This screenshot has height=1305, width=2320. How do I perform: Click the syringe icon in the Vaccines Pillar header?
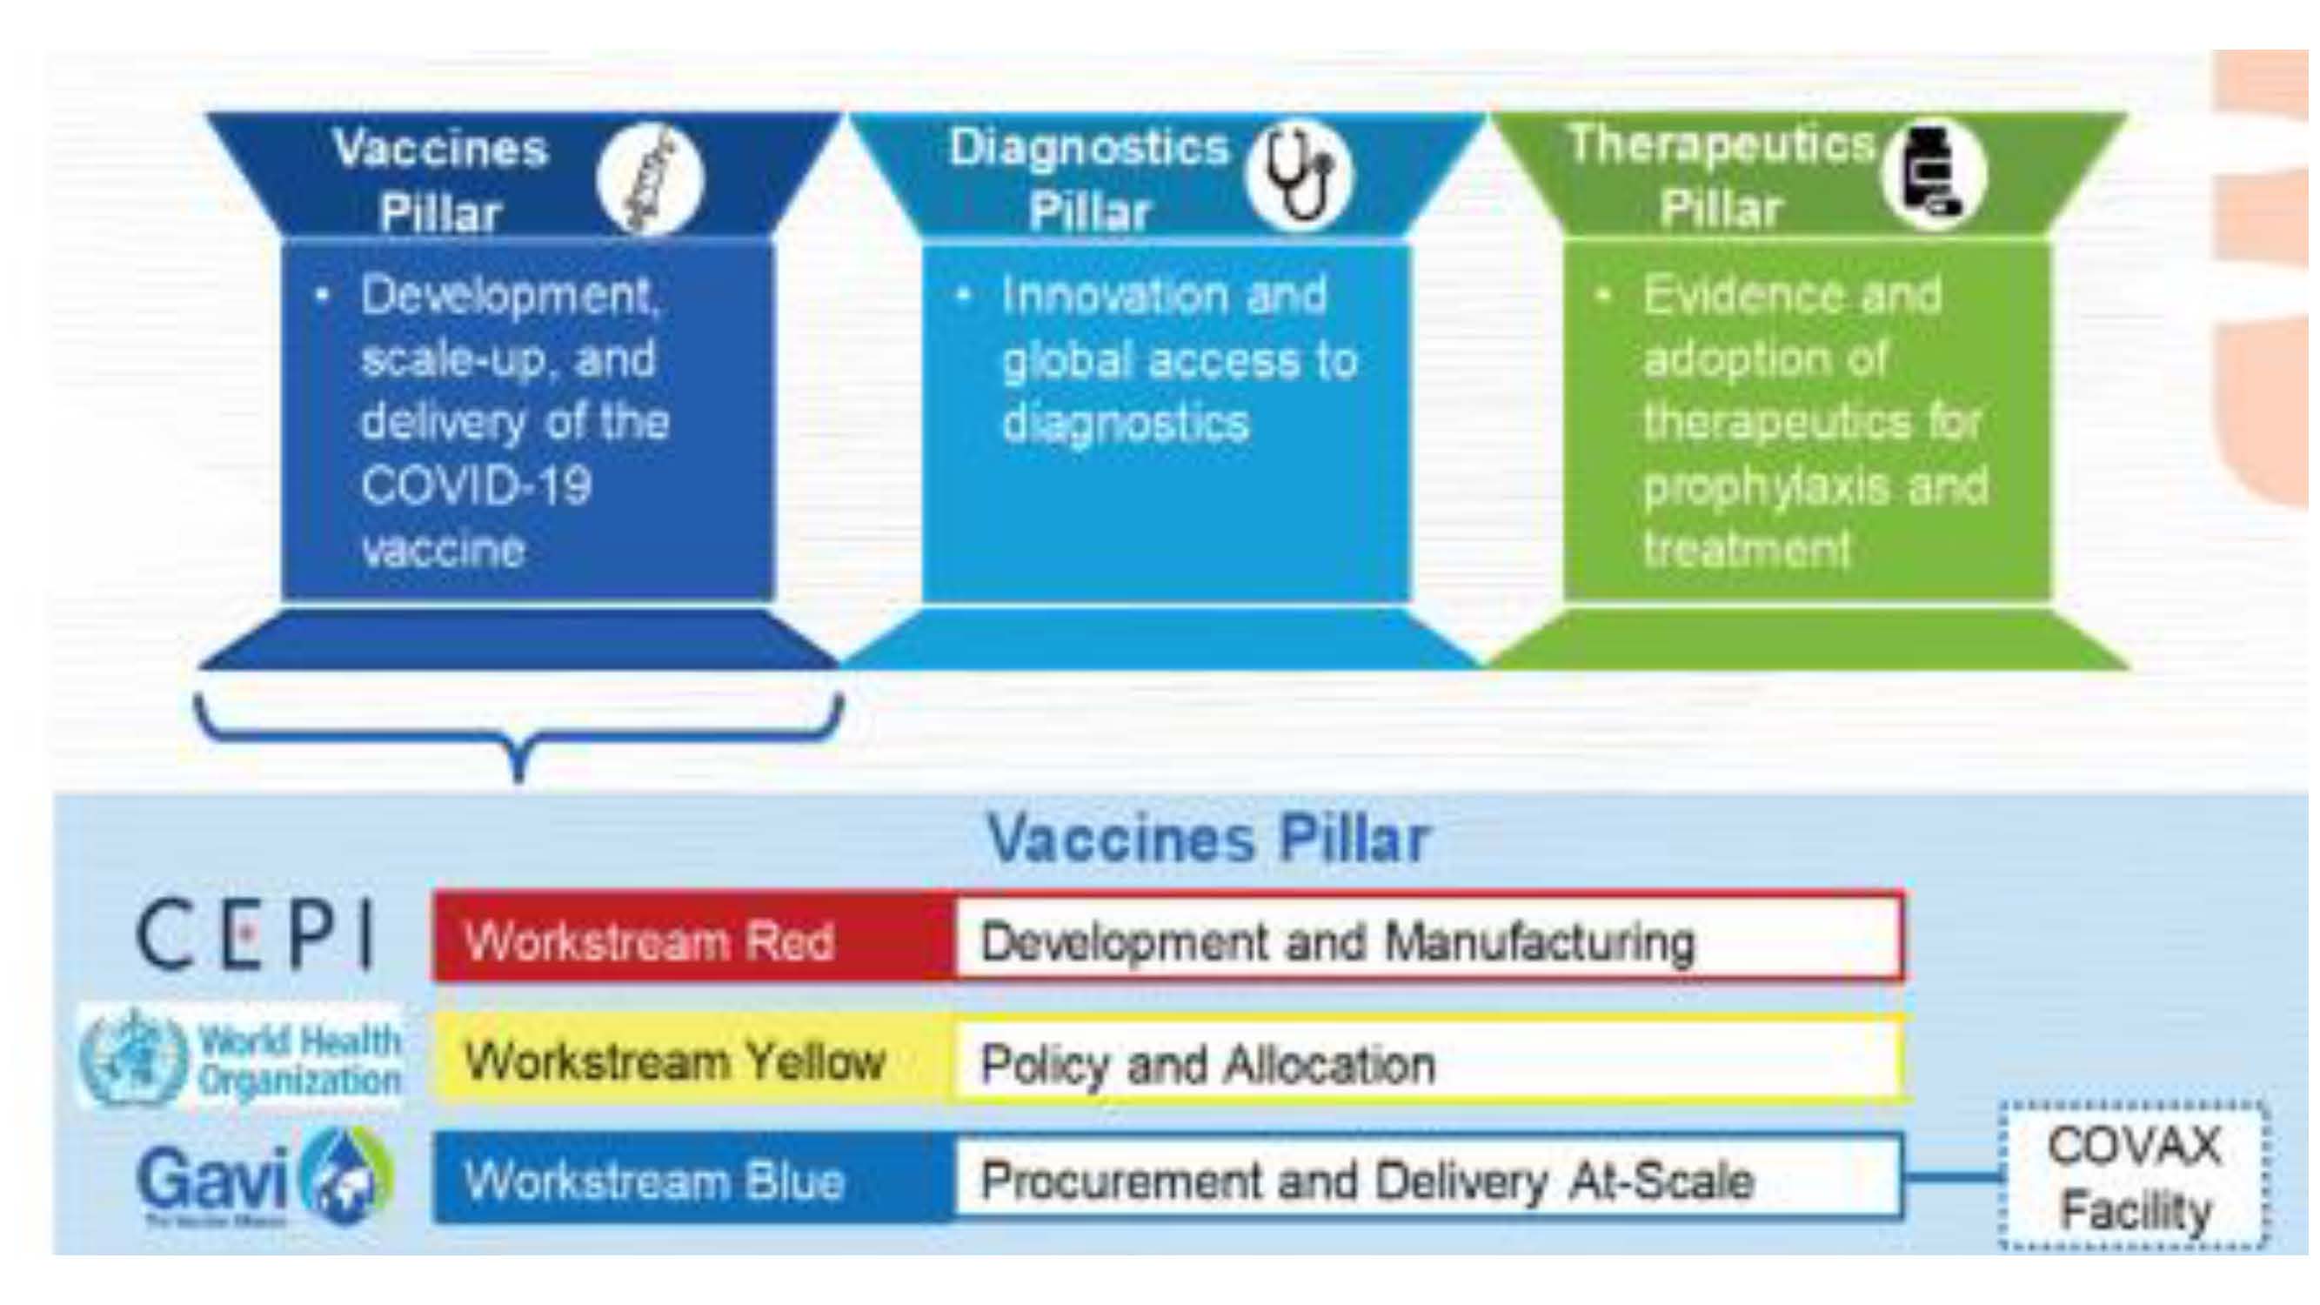[x=652, y=179]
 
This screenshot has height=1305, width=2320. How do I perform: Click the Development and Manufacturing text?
[x=1336, y=941]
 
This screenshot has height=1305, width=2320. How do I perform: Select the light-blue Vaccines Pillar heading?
[x=1208, y=839]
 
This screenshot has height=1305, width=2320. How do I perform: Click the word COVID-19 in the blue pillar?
[x=476, y=486]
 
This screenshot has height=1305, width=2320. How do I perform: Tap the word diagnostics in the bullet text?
[x=1126, y=421]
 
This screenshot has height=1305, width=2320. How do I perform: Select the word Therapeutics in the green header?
[x=1720, y=144]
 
